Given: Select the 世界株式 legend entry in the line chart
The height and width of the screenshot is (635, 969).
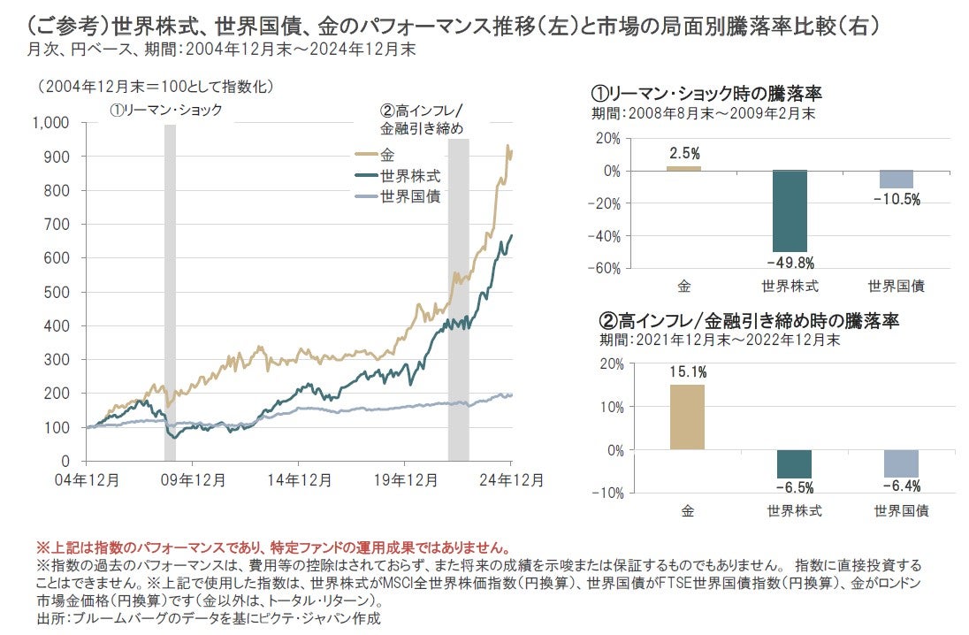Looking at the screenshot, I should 409,174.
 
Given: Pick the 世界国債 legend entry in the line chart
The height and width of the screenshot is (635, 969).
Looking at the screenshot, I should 409,195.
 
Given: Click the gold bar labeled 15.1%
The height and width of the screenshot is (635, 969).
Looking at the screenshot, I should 687,417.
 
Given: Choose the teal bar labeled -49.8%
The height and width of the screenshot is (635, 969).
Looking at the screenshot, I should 790,210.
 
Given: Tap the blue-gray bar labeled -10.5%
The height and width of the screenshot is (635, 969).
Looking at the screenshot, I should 896,179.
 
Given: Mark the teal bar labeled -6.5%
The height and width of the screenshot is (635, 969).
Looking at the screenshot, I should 793,463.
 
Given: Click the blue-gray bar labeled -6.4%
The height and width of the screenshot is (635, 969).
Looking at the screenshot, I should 901,463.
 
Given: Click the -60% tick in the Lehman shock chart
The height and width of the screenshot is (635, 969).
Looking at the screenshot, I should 605,268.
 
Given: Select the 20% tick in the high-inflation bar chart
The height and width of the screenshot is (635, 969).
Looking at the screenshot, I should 611,364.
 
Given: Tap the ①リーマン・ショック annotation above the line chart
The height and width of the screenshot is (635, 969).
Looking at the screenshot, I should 166,110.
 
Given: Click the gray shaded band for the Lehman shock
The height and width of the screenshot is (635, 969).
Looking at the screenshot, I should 170,292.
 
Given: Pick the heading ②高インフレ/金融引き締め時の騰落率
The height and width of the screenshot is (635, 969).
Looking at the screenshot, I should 750,321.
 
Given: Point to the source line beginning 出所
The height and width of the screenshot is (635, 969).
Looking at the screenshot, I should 209,617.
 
